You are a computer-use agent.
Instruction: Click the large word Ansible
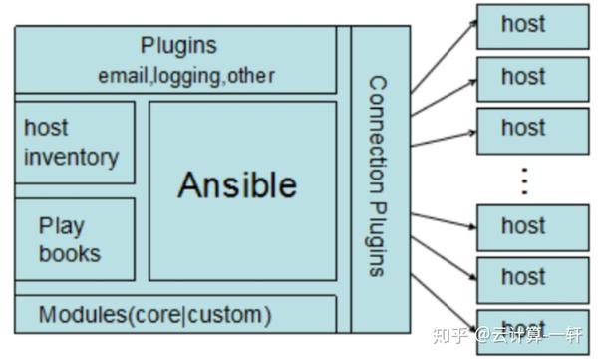[x=237, y=185]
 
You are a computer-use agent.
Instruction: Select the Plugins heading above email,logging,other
[x=178, y=46]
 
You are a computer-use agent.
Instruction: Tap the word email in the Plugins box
[x=122, y=76]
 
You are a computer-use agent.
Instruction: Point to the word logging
[x=184, y=76]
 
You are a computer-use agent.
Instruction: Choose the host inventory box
[x=75, y=142]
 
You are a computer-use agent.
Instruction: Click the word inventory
[x=72, y=157]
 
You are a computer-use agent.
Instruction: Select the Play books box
[x=75, y=240]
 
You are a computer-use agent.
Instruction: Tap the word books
[x=70, y=254]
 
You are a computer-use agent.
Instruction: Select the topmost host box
[x=525, y=25]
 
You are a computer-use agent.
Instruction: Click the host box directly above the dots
[x=525, y=128]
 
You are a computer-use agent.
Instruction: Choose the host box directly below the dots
[x=525, y=228]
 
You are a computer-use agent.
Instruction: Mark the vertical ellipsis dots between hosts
[x=524, y=180]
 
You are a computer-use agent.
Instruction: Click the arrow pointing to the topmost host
[x=444, y=55]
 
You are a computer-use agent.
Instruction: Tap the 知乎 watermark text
[x=450, y=334]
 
